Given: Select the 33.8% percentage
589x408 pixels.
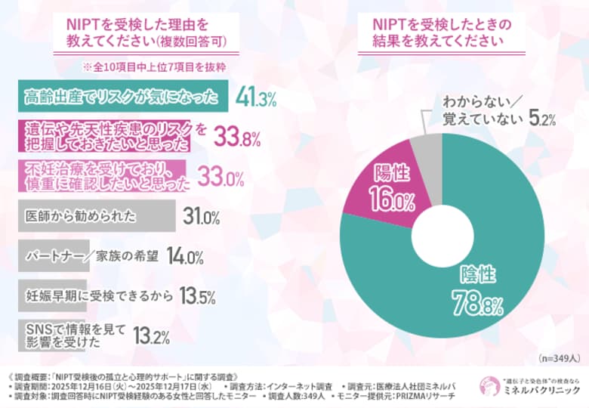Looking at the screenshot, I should (x=237, y=138).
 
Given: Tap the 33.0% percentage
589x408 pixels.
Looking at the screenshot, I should (x=220, y=178).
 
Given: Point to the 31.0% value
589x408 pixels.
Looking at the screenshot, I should (x=201, y=218).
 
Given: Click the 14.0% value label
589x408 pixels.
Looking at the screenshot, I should (x=184, y=257).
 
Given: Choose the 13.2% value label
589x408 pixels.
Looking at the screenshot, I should (x=150, y=335).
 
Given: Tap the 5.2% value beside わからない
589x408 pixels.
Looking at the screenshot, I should (x=541, y=119).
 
